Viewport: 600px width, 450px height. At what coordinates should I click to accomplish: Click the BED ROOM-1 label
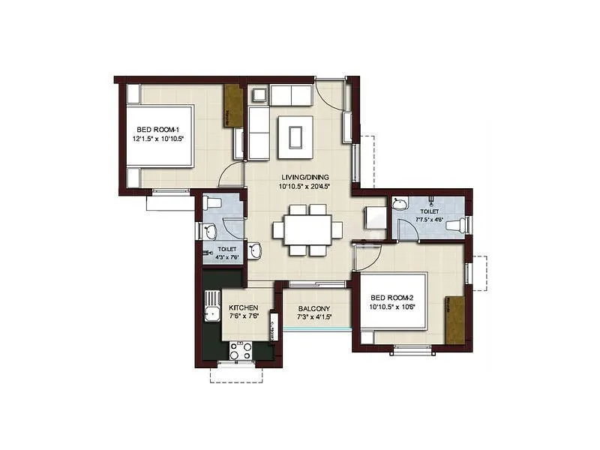(x=159, y=130)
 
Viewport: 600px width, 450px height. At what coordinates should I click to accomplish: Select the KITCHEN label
(x=244, y=308)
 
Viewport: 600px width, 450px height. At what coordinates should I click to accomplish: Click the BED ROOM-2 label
(x=393, y=298)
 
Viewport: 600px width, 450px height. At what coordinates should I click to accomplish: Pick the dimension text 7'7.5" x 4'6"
(x=430, y=220)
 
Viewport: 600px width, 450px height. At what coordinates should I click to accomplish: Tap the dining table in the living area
(x=307, y=229)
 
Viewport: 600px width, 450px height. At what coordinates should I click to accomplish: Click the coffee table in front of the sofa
(x=295, y=135)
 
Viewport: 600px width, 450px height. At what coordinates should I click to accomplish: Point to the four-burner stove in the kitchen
(x=241, y=349)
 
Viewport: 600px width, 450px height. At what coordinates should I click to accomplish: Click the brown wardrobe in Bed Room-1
(x=234, y=106)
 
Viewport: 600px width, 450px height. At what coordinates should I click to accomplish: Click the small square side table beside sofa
(x=259, y=94)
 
